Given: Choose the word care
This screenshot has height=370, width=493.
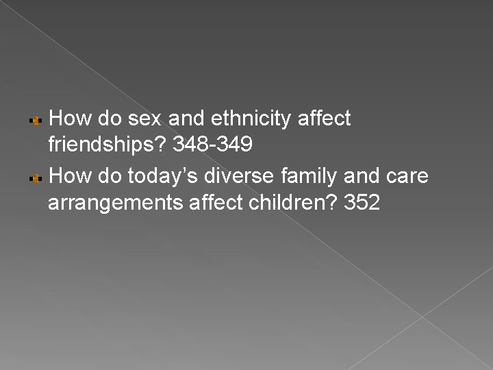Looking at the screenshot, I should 406,177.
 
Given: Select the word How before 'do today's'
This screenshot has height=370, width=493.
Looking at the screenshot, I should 66,177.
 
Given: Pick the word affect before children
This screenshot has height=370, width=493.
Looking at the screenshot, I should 201,204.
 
